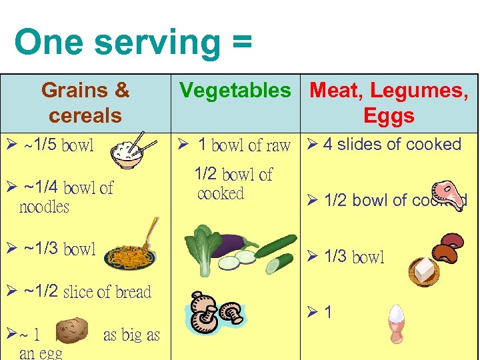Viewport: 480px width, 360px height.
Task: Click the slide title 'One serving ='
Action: click(x=133, y=42)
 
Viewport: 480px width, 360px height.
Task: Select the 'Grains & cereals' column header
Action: click(x=85, y=103)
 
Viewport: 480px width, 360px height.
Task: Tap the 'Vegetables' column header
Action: click(x=235, y=90)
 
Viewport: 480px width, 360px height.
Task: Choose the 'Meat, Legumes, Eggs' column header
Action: click(x=389, y=103)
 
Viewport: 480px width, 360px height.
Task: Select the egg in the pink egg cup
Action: click(x=396, y=323)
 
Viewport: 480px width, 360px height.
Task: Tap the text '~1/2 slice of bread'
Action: click(x=87, y=291)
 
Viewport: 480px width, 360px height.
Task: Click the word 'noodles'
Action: click(x=44, y=207)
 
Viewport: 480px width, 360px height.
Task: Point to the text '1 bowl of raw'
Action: click(x=245, y=145)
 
